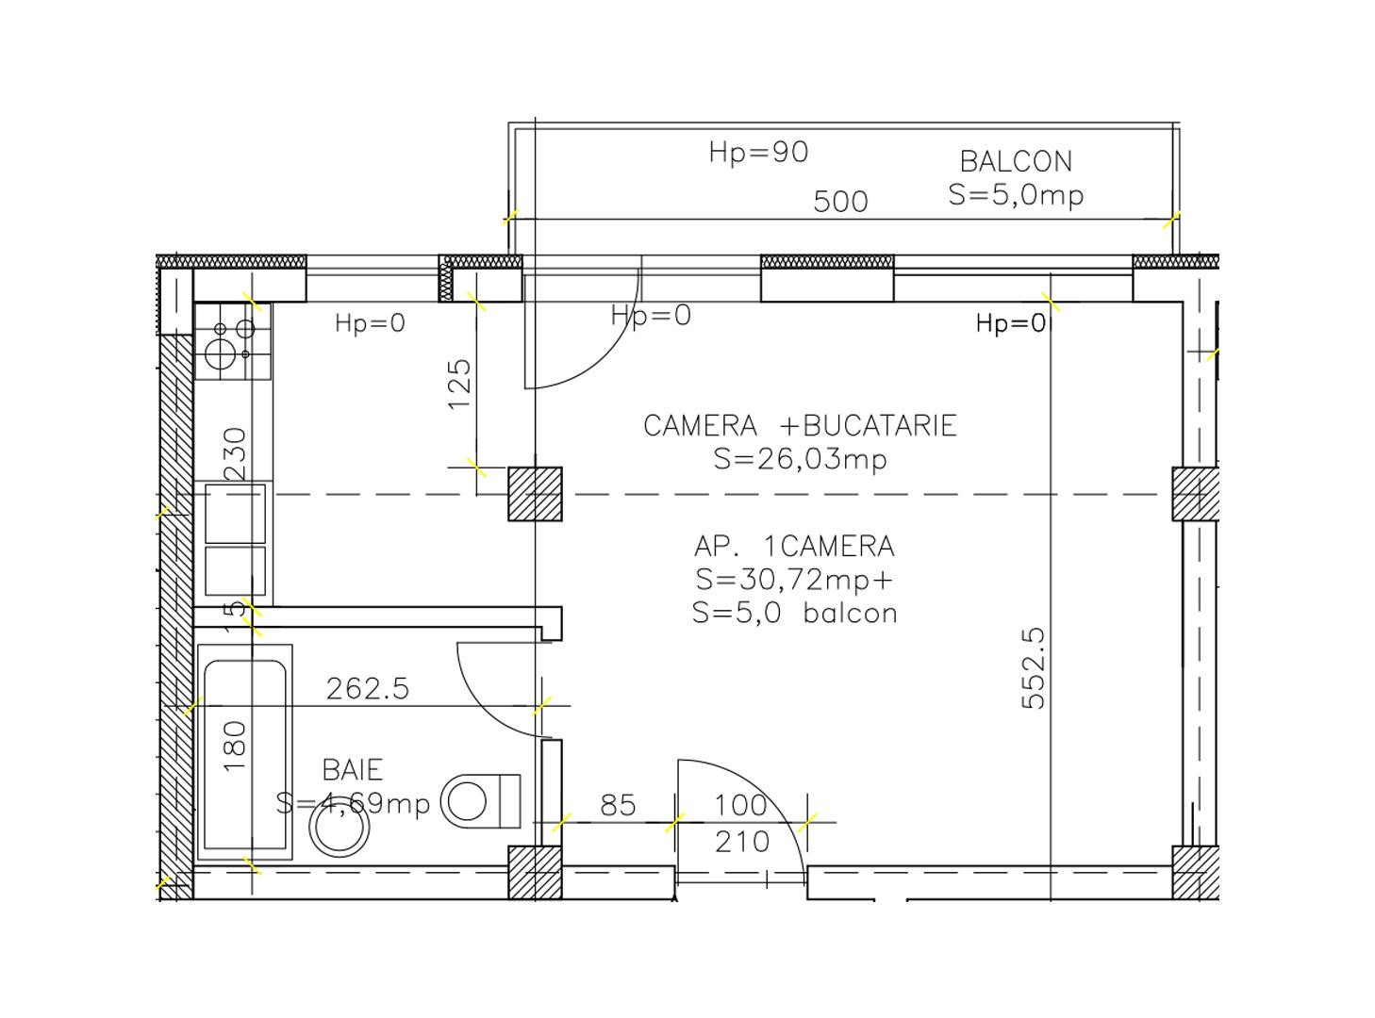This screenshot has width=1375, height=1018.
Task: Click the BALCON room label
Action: pyautogui.click(x=1016, y=161)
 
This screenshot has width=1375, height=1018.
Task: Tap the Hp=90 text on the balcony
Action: pyautogui.click(x=758, y=152)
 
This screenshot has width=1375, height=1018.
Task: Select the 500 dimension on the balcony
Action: pyautogui.click(x=840, y=202)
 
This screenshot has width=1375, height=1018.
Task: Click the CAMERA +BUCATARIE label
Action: pyautogui.click(x=800, y=426)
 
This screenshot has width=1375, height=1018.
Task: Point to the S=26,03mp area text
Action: pyautogui.click(x=800, y=459)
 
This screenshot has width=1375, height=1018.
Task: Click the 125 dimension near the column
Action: pyautogui.click(x=459, y=383)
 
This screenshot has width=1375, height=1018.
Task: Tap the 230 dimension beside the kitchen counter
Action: pyautogui.click(x=236, y=453)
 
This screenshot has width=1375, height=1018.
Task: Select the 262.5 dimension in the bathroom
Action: pyautogui.click(x=368, y=689)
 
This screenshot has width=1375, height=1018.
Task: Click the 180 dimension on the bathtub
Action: pyautogui.click(x=236, y=746)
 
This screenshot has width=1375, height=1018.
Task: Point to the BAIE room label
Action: pyautogui.click(x=353, y=770)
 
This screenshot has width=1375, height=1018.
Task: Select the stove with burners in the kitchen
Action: pyautogui.click(x=233, y=341)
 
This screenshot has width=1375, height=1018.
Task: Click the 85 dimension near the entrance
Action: pyautogui.click(x=618, y=805)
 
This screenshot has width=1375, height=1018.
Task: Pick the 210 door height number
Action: pyautogui.click(x=742, y=842)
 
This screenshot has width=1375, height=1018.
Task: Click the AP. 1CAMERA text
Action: pyautogui.click(x=794, y=547)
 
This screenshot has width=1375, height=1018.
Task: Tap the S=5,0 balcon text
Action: pyautogui.click(x=794, y=613)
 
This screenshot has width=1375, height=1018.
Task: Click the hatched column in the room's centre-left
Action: pyautogui.click(x=536, y=494)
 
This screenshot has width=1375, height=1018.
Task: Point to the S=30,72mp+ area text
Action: pyautogui.click(x=794, y=579)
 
